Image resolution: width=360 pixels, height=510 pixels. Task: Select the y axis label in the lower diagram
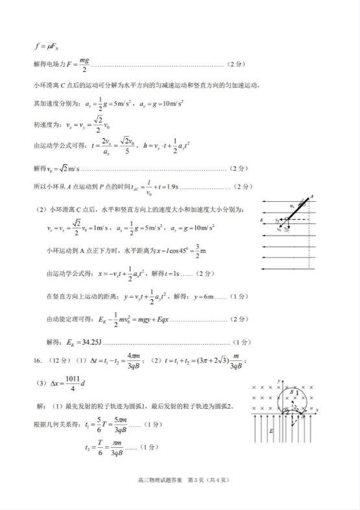[277, 378]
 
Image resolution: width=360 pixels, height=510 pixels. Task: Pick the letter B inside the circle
[292, 392]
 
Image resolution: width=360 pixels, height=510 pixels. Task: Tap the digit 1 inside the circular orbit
[298, 393]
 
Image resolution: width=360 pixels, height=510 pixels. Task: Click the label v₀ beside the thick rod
[292, 206]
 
